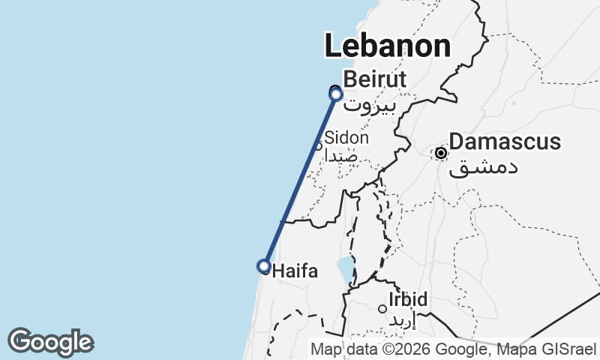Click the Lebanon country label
pyautogui.click(x=388, y=46)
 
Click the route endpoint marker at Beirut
pyautogui.click(x=336, y=94)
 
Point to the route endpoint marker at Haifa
pyautogui.click(x=264, y=265)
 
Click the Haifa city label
pyautogui.click(x=296, y=270)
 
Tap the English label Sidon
pyautogui.click(x=346, y=138)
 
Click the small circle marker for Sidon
pyautogui.click(x=318, y=146)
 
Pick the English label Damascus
pyautogui.click(x=504, y=142)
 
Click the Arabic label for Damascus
pyautogui.click(x=483, y=166)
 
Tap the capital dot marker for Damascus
pyautogui.click(x=441, y=153)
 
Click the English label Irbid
pyautogui.click(x=408, y=300)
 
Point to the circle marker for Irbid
pyautogui.click(x=382, y=308)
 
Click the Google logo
pyautogui.click(x=50, y=342)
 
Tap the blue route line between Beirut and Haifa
pyautogui.click(x=300, y=180)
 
